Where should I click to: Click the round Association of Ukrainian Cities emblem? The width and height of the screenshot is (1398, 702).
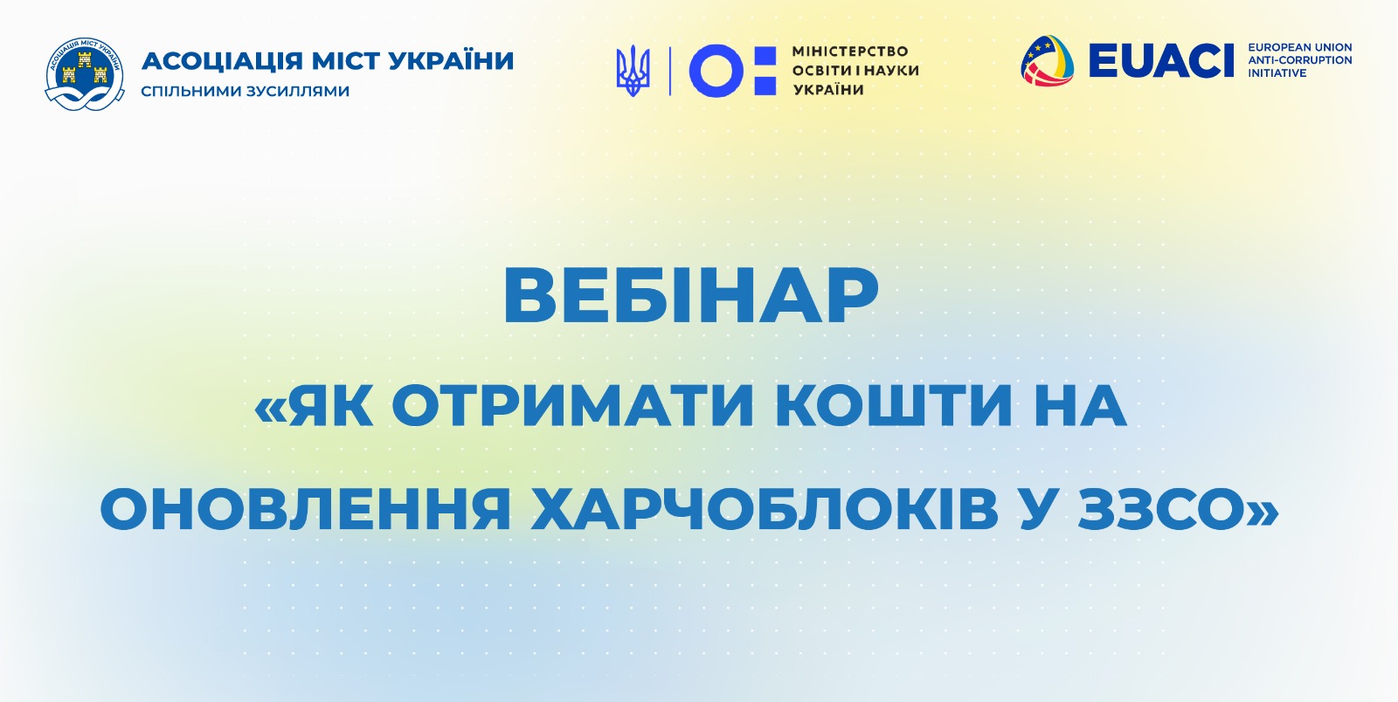point(84,74)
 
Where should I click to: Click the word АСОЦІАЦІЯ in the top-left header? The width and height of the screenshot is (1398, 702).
point(222,61)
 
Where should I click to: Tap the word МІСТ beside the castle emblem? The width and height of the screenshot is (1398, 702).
point(345,61)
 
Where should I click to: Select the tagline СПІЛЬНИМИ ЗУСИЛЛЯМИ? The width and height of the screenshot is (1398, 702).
point(245,91)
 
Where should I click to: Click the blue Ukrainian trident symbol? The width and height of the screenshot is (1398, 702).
point(633,71)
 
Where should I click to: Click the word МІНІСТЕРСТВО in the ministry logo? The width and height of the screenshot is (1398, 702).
point(850,52)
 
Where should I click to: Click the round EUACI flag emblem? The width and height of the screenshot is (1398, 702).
point(1048,60)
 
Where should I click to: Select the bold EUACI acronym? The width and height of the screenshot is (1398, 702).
point(1161,60)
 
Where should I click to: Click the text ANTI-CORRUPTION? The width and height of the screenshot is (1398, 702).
point(1300,60)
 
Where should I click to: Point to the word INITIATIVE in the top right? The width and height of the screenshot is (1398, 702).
point(1277,73)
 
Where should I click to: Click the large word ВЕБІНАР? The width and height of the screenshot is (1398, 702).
point(691,296)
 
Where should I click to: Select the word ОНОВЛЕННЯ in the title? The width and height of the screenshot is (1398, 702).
point(306,509)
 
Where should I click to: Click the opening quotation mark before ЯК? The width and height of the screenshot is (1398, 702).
point(271,409)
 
